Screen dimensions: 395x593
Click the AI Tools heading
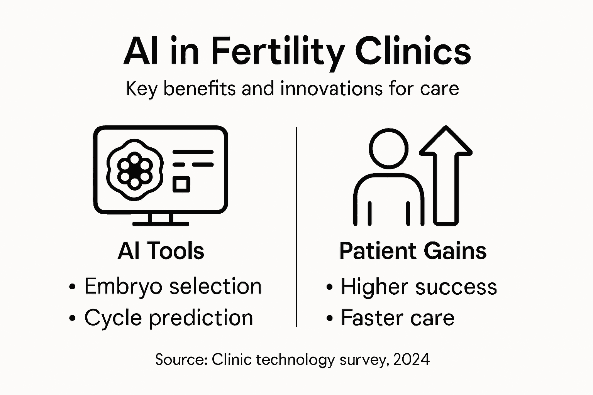pos(161,251)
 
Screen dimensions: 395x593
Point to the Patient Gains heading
pos(413,251)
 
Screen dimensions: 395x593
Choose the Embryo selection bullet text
pos(173,287)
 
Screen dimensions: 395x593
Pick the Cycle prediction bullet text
pos(168,318)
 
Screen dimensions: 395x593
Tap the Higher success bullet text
pos(418,287)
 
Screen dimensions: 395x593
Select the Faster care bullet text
pos(397,318)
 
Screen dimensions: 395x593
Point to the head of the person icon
pos(388,149)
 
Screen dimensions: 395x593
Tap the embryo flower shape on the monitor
pos(134,170)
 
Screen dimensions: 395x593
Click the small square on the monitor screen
pos(181,184)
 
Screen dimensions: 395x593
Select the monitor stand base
pos(161,223)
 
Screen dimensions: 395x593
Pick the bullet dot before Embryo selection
pos(72,287)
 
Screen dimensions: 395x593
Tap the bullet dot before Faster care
pos(329,319)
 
